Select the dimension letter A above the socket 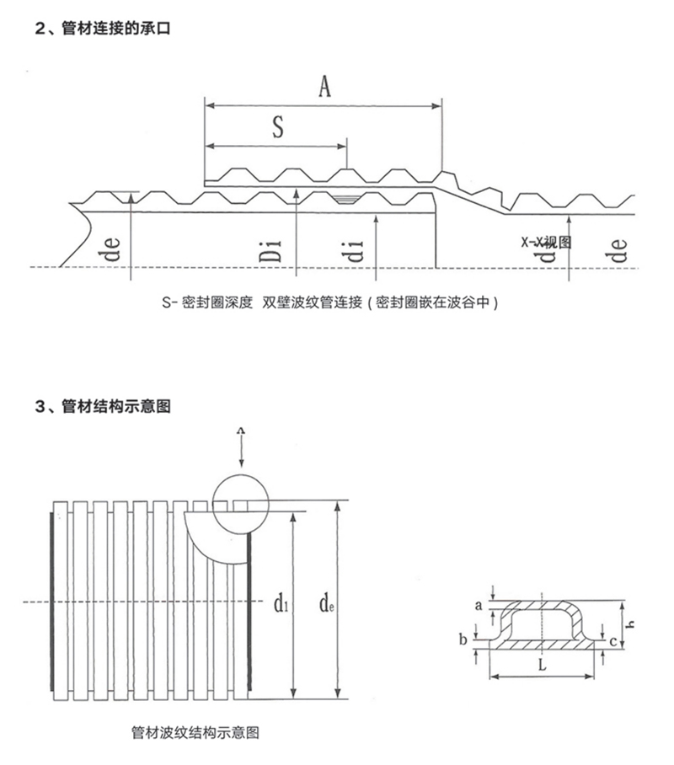[324, 86]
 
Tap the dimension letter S [277, 127]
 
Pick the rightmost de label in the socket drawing [620, 250]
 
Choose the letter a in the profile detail [479, 605]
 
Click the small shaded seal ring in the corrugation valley [345, 199]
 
